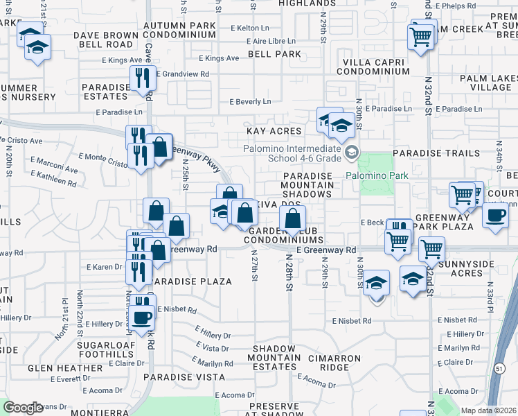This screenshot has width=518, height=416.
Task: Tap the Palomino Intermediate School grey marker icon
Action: click(352, 152)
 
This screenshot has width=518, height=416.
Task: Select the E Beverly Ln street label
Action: click(250, 102)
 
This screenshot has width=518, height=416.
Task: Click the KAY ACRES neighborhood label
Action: click(275, 131)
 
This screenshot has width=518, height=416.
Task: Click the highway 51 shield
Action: click(500, 390)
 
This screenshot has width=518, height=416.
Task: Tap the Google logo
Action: click(23, 407)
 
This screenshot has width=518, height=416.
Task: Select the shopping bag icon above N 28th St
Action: click(293, 219)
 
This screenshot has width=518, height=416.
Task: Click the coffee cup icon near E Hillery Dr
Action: click(143, 318)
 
